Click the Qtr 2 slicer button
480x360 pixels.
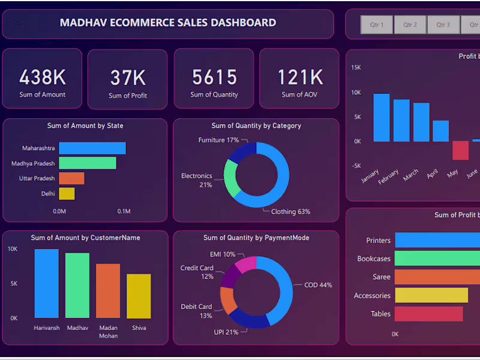[410, 25]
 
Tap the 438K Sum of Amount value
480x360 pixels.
[42, 77]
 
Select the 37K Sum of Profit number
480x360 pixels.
[128, 77]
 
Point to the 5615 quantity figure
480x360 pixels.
[214, 77]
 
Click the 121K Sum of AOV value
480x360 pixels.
[299, 77]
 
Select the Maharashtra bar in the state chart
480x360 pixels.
[92, 148]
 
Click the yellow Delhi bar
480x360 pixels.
[67, 193]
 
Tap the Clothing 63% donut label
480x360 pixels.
[290, 212]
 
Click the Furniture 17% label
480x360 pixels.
[218, 140]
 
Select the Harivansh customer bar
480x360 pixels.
[47, 283]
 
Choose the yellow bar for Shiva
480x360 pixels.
[139, 296]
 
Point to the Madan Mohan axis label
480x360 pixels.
[109, 332]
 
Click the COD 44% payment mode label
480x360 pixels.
[317, 285]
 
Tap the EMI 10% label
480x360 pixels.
[222, 254]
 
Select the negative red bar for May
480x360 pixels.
[460, 151]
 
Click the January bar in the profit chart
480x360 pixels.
[381, 118]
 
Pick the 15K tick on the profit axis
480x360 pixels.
[356, 68]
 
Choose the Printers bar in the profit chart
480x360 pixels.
[437, 241]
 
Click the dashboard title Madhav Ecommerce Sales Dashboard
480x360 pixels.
[168, 23]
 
